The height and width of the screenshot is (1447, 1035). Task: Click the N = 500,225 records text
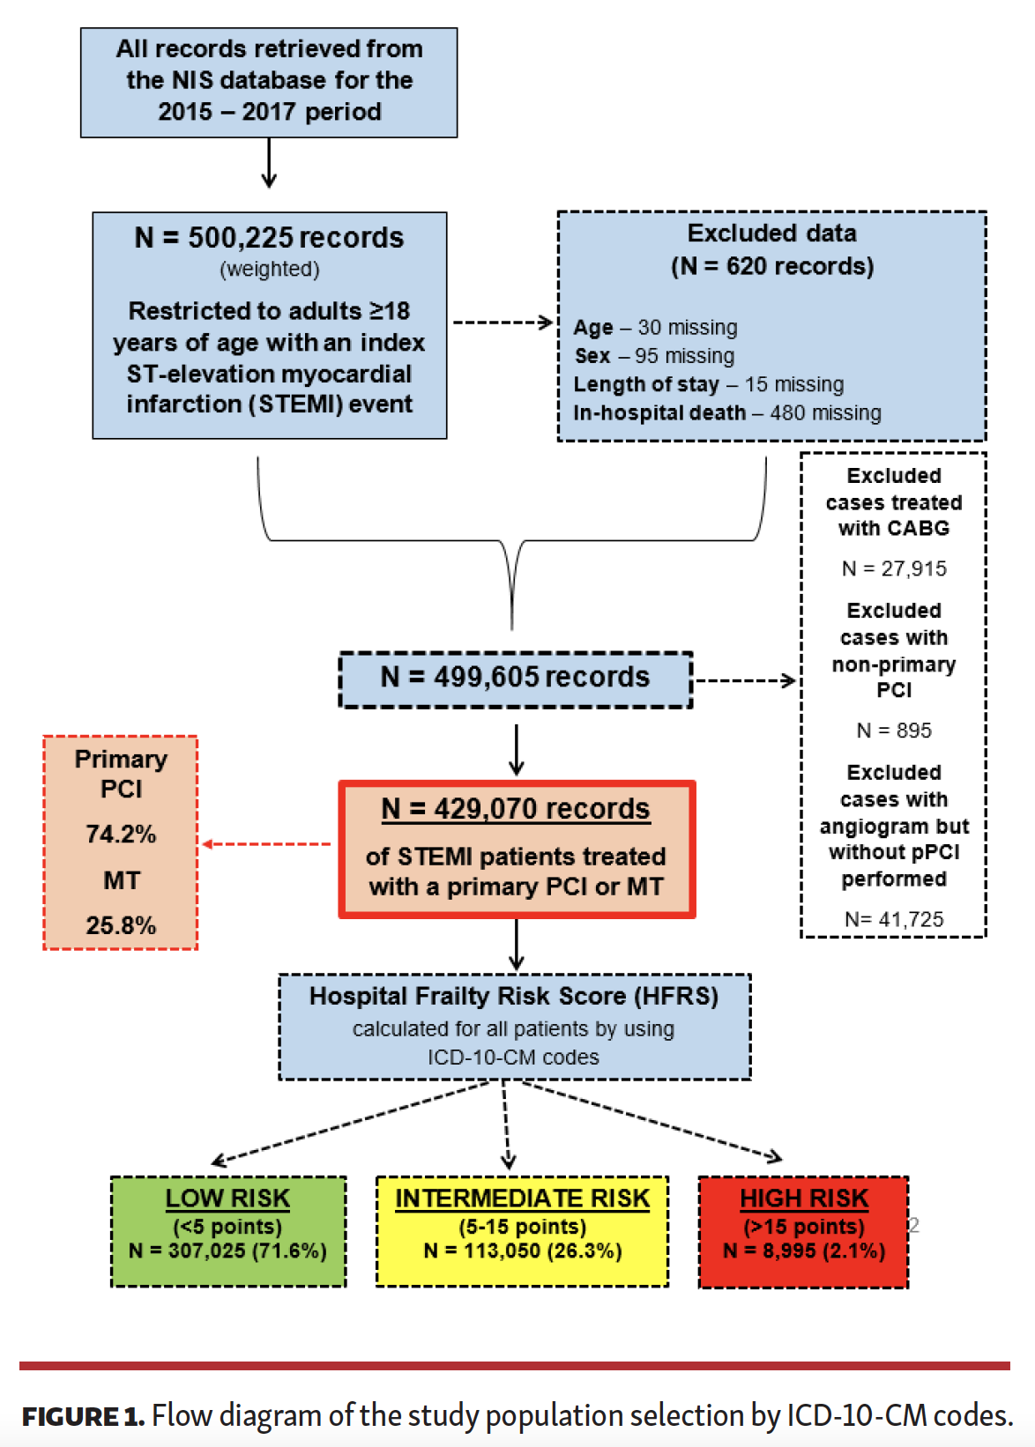click(x=269, y=237)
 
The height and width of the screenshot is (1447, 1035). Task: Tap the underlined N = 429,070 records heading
click(x=516, y=809)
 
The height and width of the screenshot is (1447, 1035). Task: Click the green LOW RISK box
click(x=228, y=1231)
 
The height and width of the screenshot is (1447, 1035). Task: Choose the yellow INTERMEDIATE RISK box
click(x=522, y=1231)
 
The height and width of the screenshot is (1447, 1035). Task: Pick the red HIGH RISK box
click(x=803, y=1231)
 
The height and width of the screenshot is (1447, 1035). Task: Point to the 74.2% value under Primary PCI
click(x=121, y=834)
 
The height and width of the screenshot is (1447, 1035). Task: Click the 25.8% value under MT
click(x=121, y=925)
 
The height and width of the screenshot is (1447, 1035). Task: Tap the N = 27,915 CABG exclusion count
click(x=894, y=568)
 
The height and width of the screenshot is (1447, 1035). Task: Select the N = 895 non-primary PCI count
click(x=894, y=731)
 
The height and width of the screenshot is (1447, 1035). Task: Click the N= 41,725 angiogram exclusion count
click(x=894, y=919)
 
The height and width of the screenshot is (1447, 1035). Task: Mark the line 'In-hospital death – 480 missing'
click(x=726, y=412)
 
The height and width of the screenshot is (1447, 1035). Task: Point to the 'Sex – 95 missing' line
click(x=654, y=356)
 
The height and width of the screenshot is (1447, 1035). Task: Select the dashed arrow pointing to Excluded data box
click(x=503, y=323)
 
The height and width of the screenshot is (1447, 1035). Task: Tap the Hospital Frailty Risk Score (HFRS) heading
click(x=514, y=997)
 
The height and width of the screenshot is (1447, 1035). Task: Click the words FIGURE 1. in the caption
click(x=83, y=1416)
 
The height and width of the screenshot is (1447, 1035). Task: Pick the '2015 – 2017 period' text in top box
click(x=269, y=112)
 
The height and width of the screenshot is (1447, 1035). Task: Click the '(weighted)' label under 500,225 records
click(x=269, y=269)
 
